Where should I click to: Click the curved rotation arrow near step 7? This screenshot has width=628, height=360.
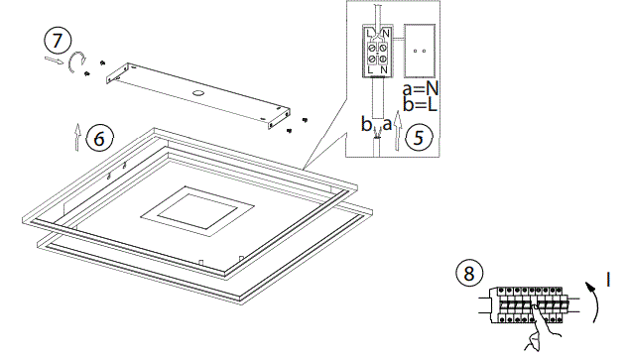(75, 63)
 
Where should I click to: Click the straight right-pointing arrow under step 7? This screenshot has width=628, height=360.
(53, 60)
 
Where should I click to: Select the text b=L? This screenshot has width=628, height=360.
(421, 104)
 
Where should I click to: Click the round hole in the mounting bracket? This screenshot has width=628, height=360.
(199, 95)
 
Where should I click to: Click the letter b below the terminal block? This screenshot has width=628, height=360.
(366, 126)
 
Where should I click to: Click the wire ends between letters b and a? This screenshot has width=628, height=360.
(377, 138)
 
